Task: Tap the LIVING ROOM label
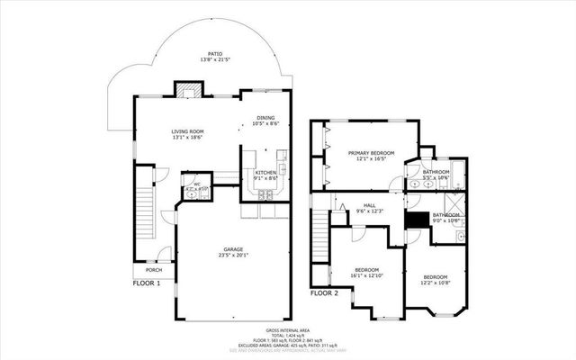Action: [x=188, y=131]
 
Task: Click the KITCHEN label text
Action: [x=265, y=173]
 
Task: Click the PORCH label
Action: [x=154, y=270]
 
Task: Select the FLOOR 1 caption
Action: [x=145, y=283]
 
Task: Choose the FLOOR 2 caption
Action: [x=324, y=293]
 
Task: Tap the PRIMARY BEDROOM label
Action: [x=372, y=154]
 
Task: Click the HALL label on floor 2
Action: [x=369, y=205]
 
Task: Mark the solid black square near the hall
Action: [x=416, y=219]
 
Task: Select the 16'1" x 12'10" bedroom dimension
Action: [x=366, y=275]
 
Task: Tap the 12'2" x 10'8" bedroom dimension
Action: [x=436, y=283]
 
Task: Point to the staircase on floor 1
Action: [x=144, y=217]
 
